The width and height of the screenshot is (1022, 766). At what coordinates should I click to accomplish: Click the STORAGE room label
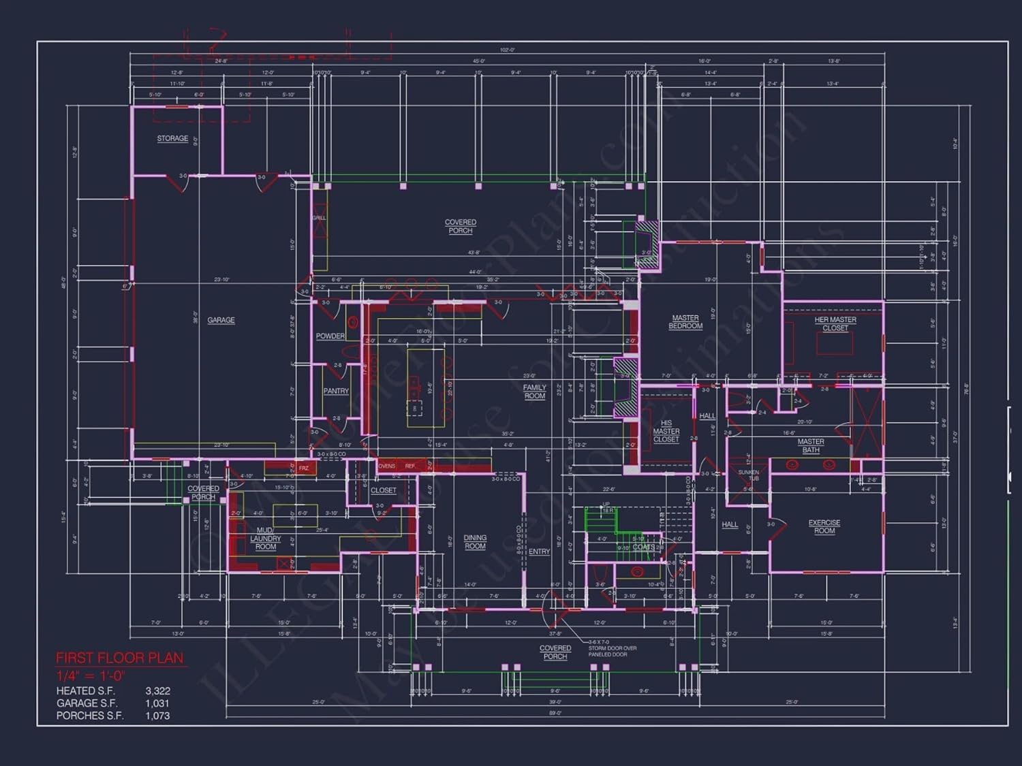point(172,138)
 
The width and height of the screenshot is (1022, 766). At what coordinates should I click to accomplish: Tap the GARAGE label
point(221,320)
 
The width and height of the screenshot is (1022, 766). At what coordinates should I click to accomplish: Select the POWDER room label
point(330,336)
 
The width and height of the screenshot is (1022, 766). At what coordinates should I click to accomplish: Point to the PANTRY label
point(336,392)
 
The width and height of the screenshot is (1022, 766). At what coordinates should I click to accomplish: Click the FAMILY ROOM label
point(535,392)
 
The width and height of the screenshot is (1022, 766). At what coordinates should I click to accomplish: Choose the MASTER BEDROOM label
point(685,322)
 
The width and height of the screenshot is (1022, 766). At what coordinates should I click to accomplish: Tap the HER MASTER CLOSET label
point(835,324)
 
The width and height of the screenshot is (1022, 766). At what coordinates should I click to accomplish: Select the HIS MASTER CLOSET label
point(666,431)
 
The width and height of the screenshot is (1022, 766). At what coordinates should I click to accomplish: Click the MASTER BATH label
point(811,446)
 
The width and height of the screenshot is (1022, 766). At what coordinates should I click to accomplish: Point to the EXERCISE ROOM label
point(824,527)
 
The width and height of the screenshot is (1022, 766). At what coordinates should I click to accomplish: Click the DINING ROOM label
point(475,542)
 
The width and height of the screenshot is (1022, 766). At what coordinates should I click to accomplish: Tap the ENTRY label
point(539,552)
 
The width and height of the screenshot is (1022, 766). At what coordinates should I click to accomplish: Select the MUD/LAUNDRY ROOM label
point(265,539)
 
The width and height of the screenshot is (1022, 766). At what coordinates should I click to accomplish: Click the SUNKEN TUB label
point(748,475)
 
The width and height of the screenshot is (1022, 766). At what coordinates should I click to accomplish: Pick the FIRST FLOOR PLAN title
point(119,658)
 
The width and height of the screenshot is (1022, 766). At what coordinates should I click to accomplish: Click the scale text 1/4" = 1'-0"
point(91,676)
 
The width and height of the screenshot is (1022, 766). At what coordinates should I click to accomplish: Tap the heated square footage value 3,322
point(157,691)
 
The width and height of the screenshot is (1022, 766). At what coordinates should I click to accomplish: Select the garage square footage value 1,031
point(157,703)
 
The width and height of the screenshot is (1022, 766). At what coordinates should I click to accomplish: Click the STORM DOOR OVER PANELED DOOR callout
point(612,651)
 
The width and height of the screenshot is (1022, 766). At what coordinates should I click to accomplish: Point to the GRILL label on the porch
point(319,218)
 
